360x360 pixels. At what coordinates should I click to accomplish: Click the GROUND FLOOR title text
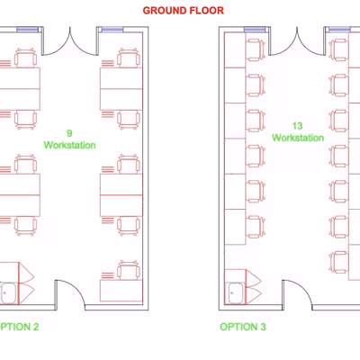184,11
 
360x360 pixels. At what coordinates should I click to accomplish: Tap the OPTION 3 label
243,327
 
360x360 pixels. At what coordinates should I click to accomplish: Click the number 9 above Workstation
69,133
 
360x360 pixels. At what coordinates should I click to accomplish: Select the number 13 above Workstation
298,126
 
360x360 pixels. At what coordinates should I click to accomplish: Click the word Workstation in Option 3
298,138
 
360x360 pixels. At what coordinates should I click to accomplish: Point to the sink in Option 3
236,293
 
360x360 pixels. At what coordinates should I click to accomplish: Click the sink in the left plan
8,293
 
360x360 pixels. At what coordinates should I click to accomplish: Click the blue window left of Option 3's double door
255,30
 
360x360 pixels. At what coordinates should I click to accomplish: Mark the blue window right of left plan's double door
112,30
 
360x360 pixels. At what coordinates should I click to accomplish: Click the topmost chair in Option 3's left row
256,50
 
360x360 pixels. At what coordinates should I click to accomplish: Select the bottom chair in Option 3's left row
256,227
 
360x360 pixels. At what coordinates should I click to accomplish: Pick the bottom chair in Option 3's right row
338,262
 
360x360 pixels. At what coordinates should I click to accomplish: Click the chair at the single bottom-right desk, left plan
129,270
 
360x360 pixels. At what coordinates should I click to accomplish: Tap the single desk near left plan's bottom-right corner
121,291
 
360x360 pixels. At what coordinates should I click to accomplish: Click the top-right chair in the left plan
129,58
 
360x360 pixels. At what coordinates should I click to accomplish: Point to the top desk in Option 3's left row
235,49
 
